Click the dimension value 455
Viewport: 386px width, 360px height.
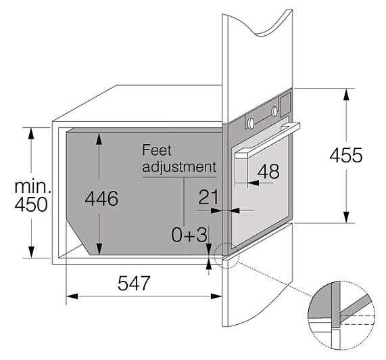tap(346, 155)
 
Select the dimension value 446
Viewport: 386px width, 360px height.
tap(101, 198)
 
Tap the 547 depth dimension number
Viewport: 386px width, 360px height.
tap(134, 283)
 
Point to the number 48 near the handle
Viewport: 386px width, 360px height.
tap(268, 171)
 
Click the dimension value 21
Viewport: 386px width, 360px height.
tap(208, 197)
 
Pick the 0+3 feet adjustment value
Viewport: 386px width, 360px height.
tap(189, 234)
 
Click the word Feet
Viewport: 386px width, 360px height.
tap(157, 150)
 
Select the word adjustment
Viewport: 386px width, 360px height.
tap(179, 167)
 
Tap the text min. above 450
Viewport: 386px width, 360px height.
tap(32, 187)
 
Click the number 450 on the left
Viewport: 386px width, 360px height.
tap(31, 204)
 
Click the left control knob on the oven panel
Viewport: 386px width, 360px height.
tap(251, 122)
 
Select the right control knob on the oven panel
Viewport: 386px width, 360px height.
tap(274, 110)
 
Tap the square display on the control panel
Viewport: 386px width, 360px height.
tap(285, 106)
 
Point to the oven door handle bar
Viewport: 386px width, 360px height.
tap(267, 139)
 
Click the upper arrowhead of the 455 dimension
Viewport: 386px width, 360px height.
tap(346, 94)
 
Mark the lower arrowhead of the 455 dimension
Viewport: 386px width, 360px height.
tap(346, 217)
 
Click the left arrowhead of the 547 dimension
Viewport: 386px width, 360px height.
tap(72, 296)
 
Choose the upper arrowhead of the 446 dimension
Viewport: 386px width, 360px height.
tap(99, 139)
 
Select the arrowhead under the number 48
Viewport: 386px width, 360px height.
tap(254, 183)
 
